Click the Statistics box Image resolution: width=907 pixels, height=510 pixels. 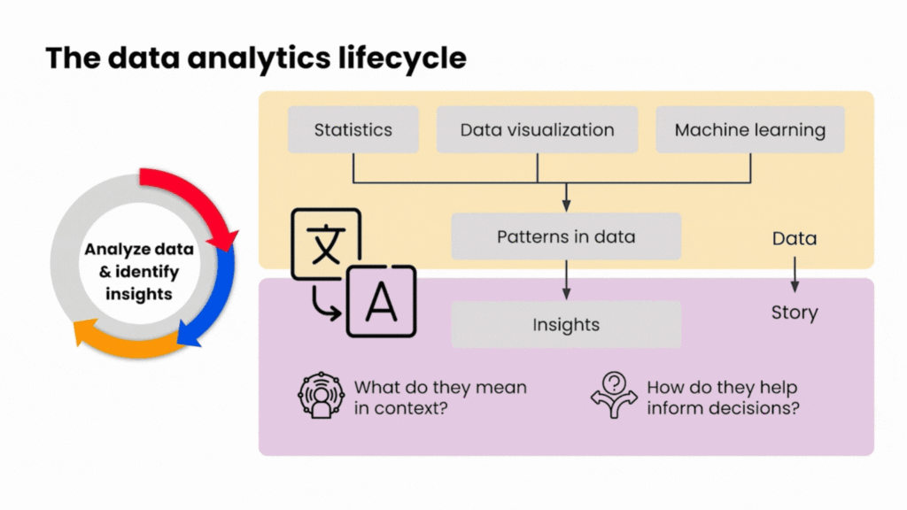point(353,130)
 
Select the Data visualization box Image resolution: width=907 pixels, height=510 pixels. point(537,130)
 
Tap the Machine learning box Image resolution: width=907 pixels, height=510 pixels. point(749,130)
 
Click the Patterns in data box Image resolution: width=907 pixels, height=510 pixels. point(565,236)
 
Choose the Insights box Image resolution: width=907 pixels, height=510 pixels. point(565,325)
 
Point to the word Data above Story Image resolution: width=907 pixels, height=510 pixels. point(794,238)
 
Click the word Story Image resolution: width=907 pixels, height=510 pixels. point(794,313)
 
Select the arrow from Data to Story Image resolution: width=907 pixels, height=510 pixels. point(795,274)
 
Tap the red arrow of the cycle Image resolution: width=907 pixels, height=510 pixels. point(197,195)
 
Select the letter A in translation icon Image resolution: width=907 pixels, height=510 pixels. point(381,303)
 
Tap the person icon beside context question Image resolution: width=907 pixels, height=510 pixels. point(319,396)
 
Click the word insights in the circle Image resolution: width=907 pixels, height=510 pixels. point(139,293)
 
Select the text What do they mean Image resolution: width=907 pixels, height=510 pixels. point(440,387)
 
